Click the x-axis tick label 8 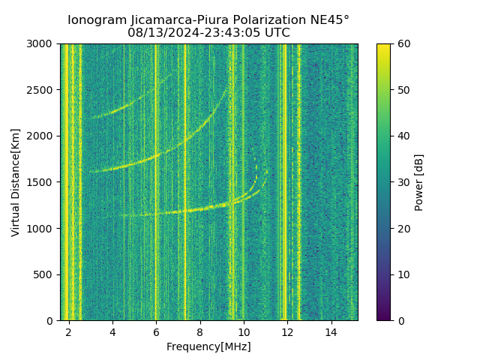tap(200, 331)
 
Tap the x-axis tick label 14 tap(331, 331)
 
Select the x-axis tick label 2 tap(69, 331)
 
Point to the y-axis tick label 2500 tap(41, 90)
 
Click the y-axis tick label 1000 tap(41, 229)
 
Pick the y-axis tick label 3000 tap(41, 44)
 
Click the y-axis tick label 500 tap(44, 274)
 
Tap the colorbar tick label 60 tap(403, 44)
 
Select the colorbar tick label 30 tap(403, 182)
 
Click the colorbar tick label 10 tap(403, 274)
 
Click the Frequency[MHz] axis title tap(208, 346)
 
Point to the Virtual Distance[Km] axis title tap(16, 182)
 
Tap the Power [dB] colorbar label tap(419, 182)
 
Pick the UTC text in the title tap(277, 33)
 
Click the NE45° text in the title tap(331, 20)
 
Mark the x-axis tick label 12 tap(287, 331)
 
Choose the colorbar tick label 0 tap(400, 320)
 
